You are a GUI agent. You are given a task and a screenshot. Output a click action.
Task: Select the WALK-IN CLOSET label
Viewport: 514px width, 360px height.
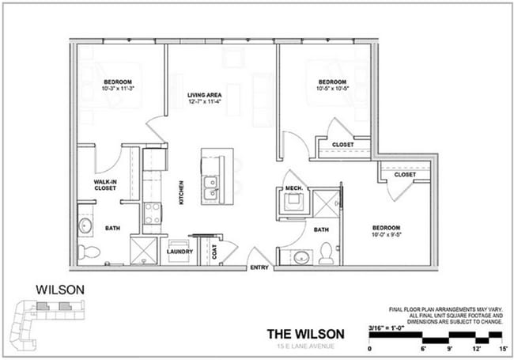pyautogui.click(x=106, y=185)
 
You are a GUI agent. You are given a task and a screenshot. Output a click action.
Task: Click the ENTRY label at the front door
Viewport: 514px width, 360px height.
pyautogui.click(x=259, y=267)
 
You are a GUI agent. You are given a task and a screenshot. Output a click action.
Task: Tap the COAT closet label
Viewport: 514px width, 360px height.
pyautogui.click(x=214, y=252)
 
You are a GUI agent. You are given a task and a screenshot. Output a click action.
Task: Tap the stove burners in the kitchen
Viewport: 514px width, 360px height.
pyautogui.click(x=151, y=213)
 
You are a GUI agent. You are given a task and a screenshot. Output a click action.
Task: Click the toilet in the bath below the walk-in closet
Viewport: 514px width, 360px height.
pyautogui.click(x=90, y=252)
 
